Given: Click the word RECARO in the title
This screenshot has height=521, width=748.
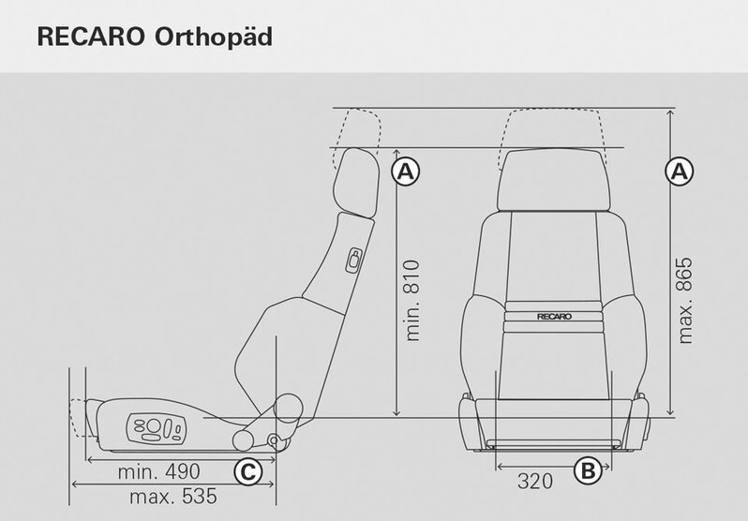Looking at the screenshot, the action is pyautogui.click(x=91, y=37).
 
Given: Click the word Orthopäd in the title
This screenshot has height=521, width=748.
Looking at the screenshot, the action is pyautogui.click(x=213, y=37).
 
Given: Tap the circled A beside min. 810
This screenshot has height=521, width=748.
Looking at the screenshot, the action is pyautogui.click(x=406, y=171).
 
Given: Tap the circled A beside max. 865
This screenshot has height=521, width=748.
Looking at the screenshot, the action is pyautogui.click(x=680, y=171).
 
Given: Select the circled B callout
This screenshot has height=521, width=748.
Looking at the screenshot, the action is pyautogui.click(x=588, y=470).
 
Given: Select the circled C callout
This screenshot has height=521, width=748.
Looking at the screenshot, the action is pyautogui.click(x=248, y=472).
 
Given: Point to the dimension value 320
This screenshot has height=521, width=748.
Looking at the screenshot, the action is pyautogui.click(x=535, y=481).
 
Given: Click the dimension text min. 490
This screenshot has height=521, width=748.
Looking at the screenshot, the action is pyautogui.click(x=158, y=471).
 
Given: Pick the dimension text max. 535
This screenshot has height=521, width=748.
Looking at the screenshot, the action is pyautogui.click(x=173, y=497).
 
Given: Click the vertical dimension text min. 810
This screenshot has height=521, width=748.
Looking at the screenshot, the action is pyautogui.click(x=411, y=301).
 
